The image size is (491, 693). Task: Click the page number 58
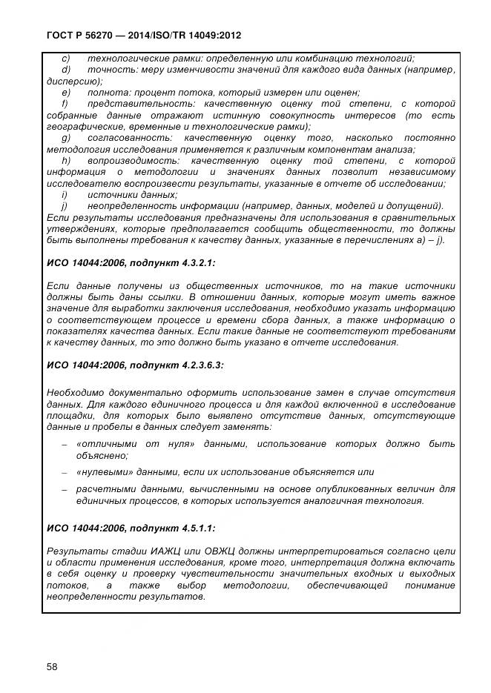52,666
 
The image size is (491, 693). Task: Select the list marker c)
66,59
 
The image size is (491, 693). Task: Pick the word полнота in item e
105,93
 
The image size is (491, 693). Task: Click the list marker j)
65,206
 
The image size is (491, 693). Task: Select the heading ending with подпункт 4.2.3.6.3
135,365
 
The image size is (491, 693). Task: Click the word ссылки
210,297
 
